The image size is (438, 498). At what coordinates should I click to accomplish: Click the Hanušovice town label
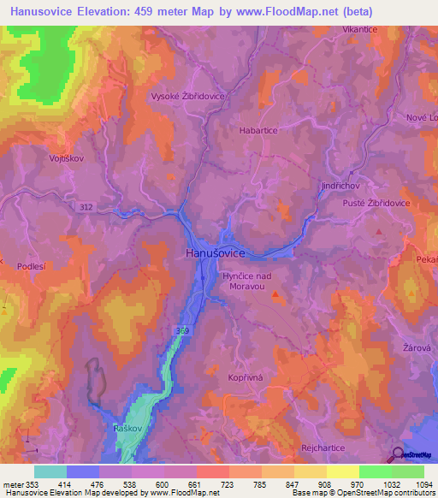pos(216,253)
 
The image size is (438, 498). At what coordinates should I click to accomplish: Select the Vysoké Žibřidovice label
pos(187,97)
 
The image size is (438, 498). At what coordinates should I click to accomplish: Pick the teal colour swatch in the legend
pos(50,471)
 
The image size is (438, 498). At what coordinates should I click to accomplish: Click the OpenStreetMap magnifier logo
pos(400,454)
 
